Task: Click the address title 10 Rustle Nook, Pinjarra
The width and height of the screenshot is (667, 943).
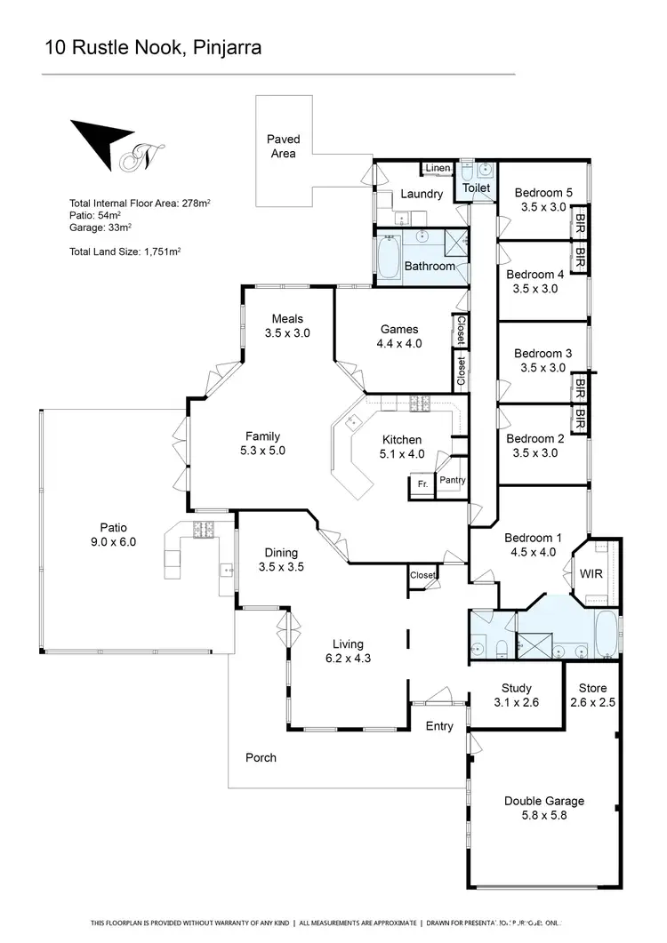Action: tap(153, 47)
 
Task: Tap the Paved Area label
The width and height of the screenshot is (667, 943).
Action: tap(284, 146)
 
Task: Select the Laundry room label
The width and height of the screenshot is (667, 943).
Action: tap(422, 194)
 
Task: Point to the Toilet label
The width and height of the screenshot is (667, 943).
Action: tap(477, 188)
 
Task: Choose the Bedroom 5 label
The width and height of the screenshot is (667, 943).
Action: tap(543, 193)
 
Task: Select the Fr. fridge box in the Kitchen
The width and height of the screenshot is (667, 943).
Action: tap(422, 484)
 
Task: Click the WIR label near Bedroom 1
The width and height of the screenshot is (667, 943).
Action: tap(591, 573)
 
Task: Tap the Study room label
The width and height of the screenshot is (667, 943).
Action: tap(516, 688)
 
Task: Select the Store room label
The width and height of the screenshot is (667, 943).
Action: tap(592, 688)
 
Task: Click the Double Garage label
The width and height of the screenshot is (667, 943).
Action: tap(544, 801)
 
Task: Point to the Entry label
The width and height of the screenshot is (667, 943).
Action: tap(439, 726)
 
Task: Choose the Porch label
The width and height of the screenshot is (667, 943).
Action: tap(261, 757)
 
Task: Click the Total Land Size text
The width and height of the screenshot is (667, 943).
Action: tap(125, 252)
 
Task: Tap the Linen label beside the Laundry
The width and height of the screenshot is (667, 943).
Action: tap(438, 168)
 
